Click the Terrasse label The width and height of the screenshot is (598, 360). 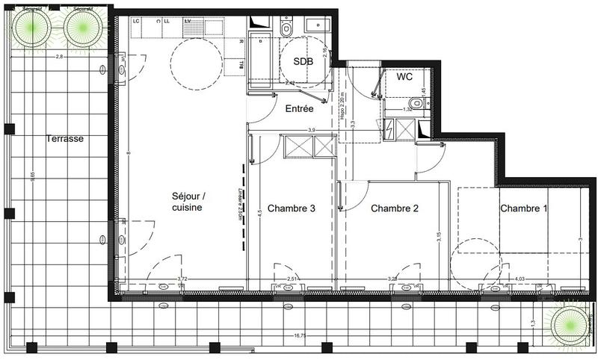coord(64,139)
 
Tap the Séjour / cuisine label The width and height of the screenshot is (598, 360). coord(187,202)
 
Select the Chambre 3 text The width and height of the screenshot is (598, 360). coord(291,208)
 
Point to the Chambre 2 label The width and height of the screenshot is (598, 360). coord(394,208)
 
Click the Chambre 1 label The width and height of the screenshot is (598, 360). coord(523,208)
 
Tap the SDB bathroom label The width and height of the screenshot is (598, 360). coord(303,61)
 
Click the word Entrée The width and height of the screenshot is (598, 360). coord(299,109)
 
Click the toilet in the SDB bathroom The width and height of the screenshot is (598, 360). coord(286,28)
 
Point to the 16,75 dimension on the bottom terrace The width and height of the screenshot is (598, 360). coord(300,336)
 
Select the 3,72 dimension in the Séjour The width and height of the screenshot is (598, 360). coord(182,279)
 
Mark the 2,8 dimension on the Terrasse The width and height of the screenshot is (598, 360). coord(58,57)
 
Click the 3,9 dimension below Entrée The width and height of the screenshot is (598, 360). coord(290,130)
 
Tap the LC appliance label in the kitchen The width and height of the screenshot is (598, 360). coord(136,21)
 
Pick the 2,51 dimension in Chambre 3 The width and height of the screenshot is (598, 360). coord(293,279)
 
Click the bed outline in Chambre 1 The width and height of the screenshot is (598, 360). coord(502,220)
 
